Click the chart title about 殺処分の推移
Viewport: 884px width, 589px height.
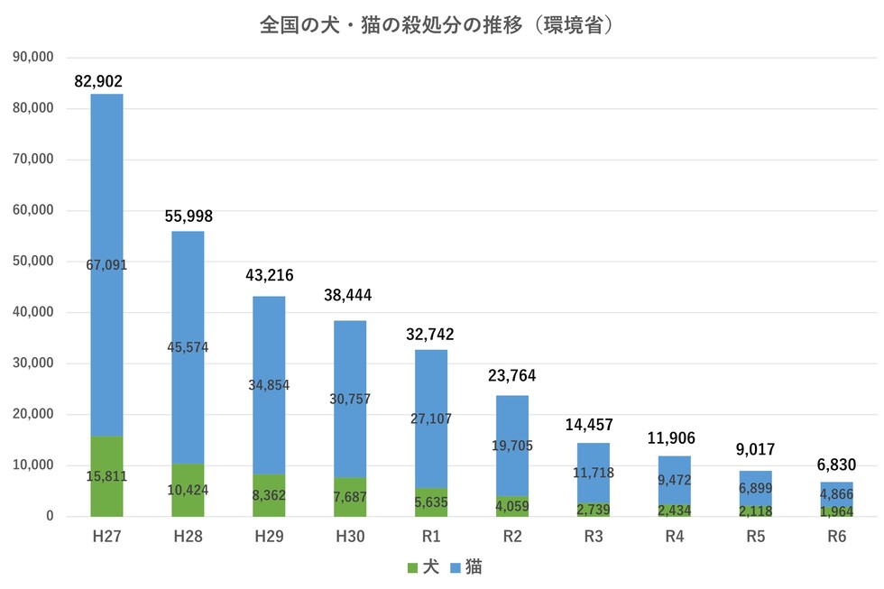point(436,25)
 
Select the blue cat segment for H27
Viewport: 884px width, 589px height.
point(106,265)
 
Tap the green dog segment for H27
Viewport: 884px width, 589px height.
point(106,476)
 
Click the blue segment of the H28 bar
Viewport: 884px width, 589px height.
point(188,347)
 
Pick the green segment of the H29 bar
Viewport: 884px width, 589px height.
point(269,495)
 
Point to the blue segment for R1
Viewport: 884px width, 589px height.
point(431,419)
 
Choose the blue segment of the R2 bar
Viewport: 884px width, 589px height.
point(512,446)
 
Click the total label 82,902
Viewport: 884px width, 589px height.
point(98,82)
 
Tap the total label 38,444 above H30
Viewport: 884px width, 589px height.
point(348,295)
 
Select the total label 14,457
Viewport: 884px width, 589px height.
point(589,425)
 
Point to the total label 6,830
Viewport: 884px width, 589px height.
point(837,465)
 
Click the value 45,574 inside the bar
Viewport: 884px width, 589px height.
point(188,347)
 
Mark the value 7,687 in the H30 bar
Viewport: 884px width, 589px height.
point(350,497)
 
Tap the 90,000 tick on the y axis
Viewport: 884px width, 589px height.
point(33,57)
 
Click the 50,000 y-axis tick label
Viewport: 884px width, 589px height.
point(33,261)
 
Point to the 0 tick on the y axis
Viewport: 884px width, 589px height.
point(51,516)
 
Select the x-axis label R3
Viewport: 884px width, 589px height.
point(594,536)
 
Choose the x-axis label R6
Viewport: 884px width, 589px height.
point(837,536)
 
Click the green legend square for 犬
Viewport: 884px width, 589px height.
point(412,568)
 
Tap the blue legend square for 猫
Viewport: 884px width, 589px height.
point(456,568)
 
